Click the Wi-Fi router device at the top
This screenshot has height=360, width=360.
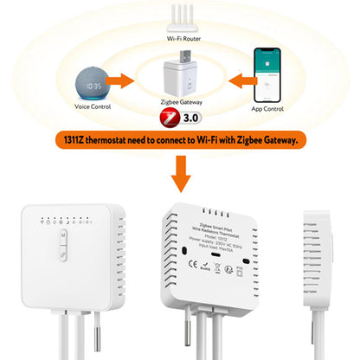[x=181, y=22]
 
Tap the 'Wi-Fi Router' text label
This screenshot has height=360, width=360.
[x=181, y=39]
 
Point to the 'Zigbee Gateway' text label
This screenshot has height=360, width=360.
[x=180, y=100]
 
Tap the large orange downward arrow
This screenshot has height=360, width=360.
[x=181, y=172]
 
